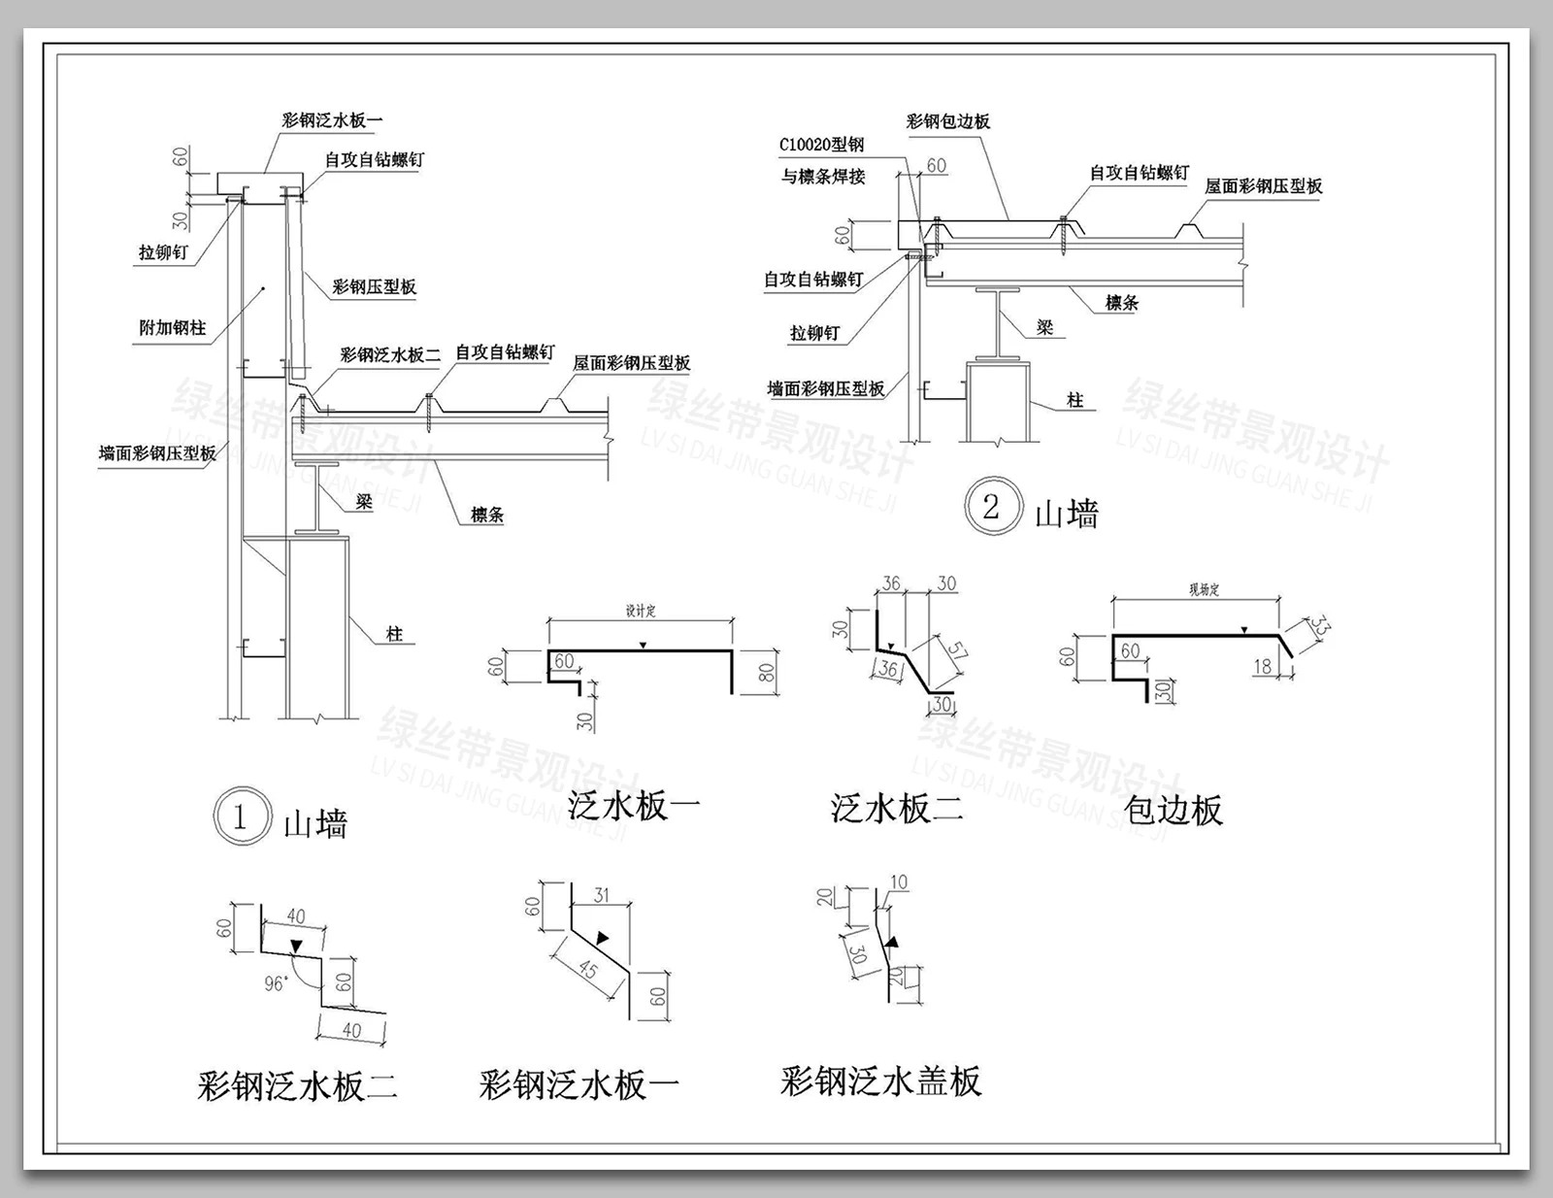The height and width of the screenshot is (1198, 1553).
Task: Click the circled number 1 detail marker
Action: tap(240, 816)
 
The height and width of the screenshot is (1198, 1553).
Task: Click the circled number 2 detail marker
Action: tap(991, 506)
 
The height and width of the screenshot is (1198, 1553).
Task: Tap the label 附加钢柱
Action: tap(172, 328)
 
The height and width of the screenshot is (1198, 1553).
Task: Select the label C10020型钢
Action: tap(821, 145)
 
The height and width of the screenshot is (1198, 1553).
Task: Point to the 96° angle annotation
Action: tap(276, 983)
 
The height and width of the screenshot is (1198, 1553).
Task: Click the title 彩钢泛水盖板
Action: tap(880, 1081)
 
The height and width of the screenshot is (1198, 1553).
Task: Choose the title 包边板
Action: tap(1173, 810)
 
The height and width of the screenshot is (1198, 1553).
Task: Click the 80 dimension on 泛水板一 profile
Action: tap(766, 671)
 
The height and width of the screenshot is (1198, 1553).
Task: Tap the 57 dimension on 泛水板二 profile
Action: tap(956, 651)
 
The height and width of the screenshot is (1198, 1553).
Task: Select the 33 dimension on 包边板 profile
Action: tap(1319, 627)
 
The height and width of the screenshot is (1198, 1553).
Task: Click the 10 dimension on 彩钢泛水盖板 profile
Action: tap(899, 882)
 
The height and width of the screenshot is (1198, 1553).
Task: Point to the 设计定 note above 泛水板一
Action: tap(640, 611)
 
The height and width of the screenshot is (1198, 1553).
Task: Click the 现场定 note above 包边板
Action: tap(1203, 589)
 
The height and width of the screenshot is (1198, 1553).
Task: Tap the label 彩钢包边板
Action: tap(947, 121)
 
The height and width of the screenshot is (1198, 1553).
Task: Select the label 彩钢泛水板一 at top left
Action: tap(332, 120)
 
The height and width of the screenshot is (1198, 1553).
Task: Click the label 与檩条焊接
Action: tap(823, 177)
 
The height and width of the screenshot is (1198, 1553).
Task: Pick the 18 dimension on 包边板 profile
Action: tap(1262, 666)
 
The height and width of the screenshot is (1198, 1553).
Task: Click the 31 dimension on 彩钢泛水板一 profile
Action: tap(601, 895)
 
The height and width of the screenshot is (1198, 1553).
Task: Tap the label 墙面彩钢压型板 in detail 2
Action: tap(826, 388)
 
